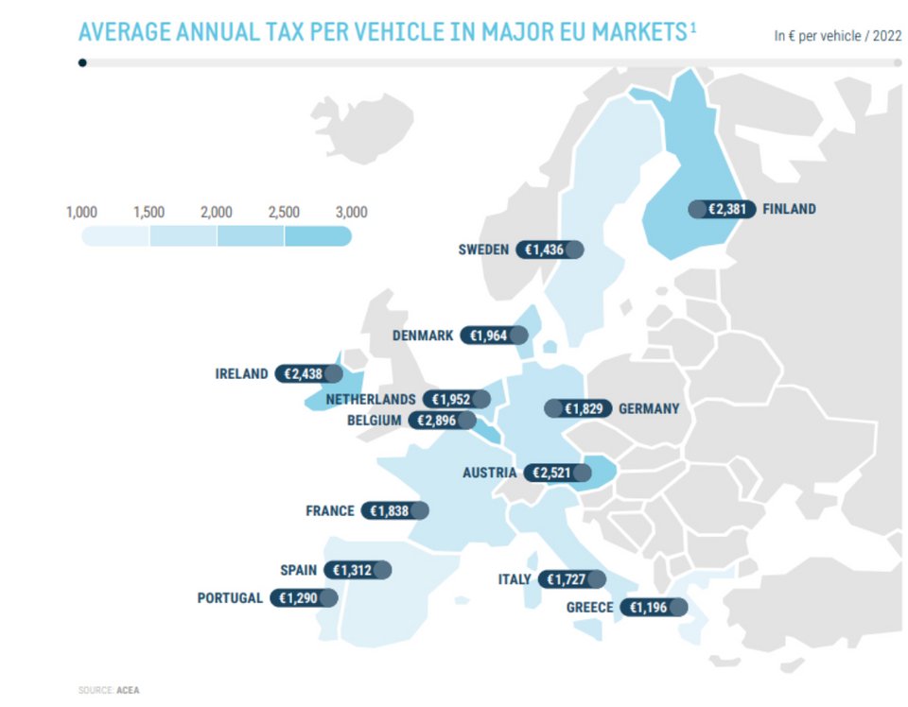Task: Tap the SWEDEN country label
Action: tap(483, 250)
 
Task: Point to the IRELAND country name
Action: tap(241, 373)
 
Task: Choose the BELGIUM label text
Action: tap(375, 420)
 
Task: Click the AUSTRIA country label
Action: tap(489, 472)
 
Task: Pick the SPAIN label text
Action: tap(298, 570)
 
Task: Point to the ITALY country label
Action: tap(515, 579)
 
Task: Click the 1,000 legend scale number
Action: tap(81, 212)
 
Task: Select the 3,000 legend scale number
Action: tap(351, 212)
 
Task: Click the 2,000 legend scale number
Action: tap(217, 212)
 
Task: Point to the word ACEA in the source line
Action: tap(129, 691)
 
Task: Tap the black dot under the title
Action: tap(83, 63)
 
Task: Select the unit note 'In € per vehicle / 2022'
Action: tap(837, 37)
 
